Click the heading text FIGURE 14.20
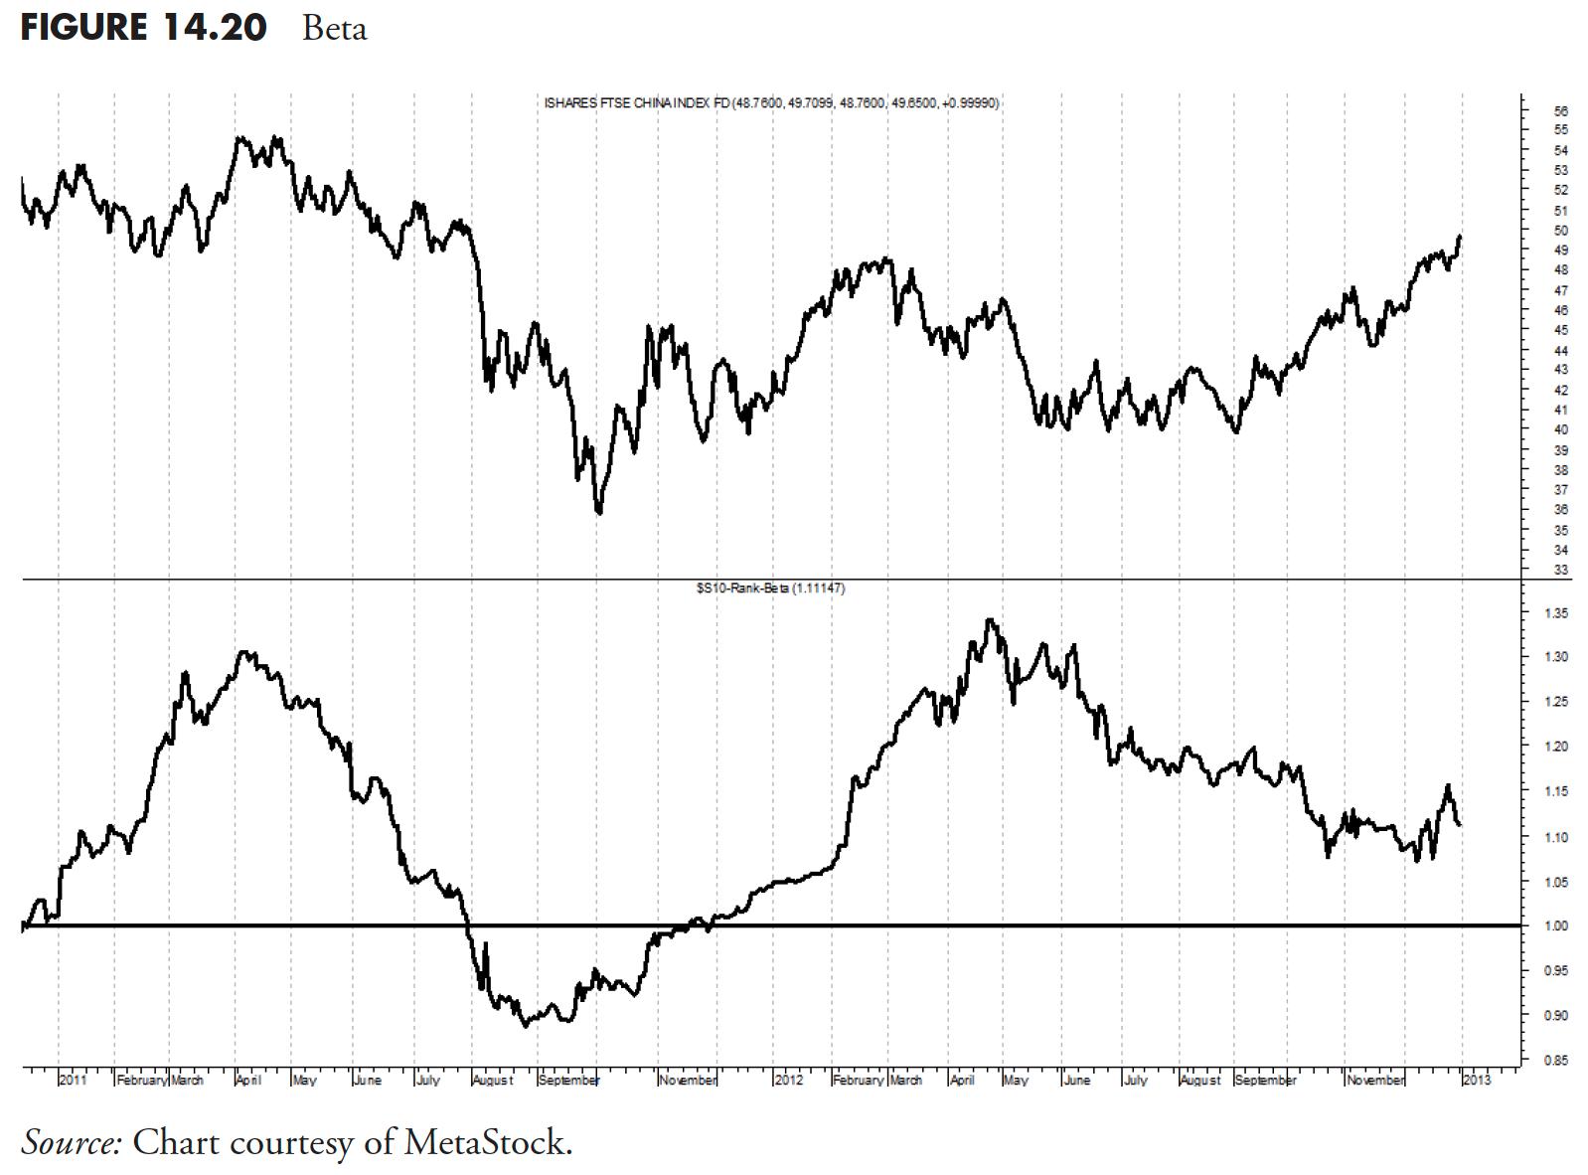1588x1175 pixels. point(143,26)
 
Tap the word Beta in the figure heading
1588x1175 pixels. point(334,28)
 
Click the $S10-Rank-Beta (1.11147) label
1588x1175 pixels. point(771,588)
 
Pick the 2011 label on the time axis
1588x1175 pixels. point(73,1080)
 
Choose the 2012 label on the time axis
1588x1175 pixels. point(788,1080)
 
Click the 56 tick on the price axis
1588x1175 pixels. point(1561,110)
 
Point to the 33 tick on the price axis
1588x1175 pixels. point(1561,570)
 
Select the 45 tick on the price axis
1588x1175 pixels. point(1561,330)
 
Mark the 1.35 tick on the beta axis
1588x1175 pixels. point(1557,612)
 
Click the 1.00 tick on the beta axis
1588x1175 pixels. point(1557,925)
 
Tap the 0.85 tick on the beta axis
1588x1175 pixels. point(1557,1061)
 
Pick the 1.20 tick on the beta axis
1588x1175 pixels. point(1557,747)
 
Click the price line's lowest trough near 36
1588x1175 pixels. point(598,513)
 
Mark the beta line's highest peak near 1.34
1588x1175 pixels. point(989,620)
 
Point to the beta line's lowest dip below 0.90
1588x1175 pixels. point(526,1025)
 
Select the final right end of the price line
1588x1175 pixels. point(1460,237)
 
